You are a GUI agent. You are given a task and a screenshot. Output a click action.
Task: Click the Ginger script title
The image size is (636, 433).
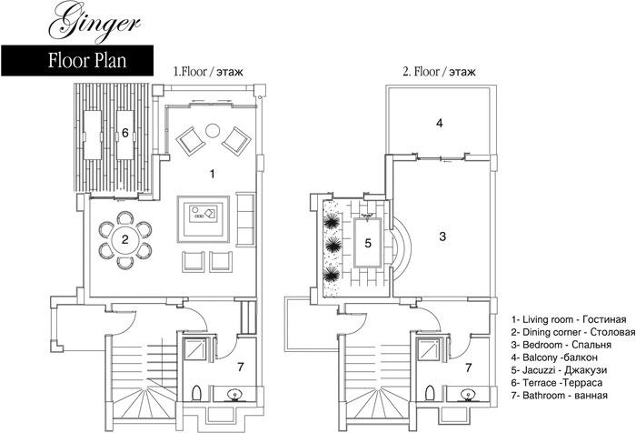(94, 21)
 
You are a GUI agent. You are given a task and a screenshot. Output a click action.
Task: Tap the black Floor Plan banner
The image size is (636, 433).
(77, 61)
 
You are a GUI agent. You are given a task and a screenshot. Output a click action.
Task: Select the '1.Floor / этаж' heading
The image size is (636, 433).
(208, 72)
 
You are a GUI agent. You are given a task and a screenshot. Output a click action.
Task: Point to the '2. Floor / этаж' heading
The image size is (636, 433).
(439, 72)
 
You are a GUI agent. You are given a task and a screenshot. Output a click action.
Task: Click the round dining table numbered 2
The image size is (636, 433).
(125, 239)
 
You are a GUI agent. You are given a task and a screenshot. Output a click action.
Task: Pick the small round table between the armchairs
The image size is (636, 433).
(213, 130)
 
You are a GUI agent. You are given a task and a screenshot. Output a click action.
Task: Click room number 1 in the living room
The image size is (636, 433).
(212, 175)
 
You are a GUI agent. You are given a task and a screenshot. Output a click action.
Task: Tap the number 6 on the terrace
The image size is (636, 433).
(125, 133)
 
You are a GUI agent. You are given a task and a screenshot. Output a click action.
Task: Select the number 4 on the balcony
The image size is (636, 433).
(439, 123)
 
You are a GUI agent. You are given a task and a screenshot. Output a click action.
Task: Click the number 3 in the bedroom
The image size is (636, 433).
(442, 236)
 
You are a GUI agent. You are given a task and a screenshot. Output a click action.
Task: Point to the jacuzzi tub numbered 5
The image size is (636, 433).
(368, 243)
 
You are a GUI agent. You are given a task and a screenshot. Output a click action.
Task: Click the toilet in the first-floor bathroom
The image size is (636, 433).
(197, 393)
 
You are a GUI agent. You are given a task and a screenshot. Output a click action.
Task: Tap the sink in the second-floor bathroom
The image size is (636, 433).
(468, 394)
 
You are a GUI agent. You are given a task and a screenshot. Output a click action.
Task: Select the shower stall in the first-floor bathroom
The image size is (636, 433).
(195, 349)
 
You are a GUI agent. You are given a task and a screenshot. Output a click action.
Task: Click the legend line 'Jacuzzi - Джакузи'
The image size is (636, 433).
(560, 370)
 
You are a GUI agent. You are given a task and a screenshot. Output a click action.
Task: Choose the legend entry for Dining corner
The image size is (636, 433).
(573, 332)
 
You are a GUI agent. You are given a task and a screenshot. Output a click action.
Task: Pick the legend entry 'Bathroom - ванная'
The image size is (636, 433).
(560, 395)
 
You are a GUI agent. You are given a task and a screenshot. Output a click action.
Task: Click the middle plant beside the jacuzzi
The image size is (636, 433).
(333, 245)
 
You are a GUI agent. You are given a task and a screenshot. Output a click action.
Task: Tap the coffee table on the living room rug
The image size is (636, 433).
(204, 213)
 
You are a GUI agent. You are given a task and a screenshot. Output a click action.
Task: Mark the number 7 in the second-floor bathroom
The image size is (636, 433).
(469, 368)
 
